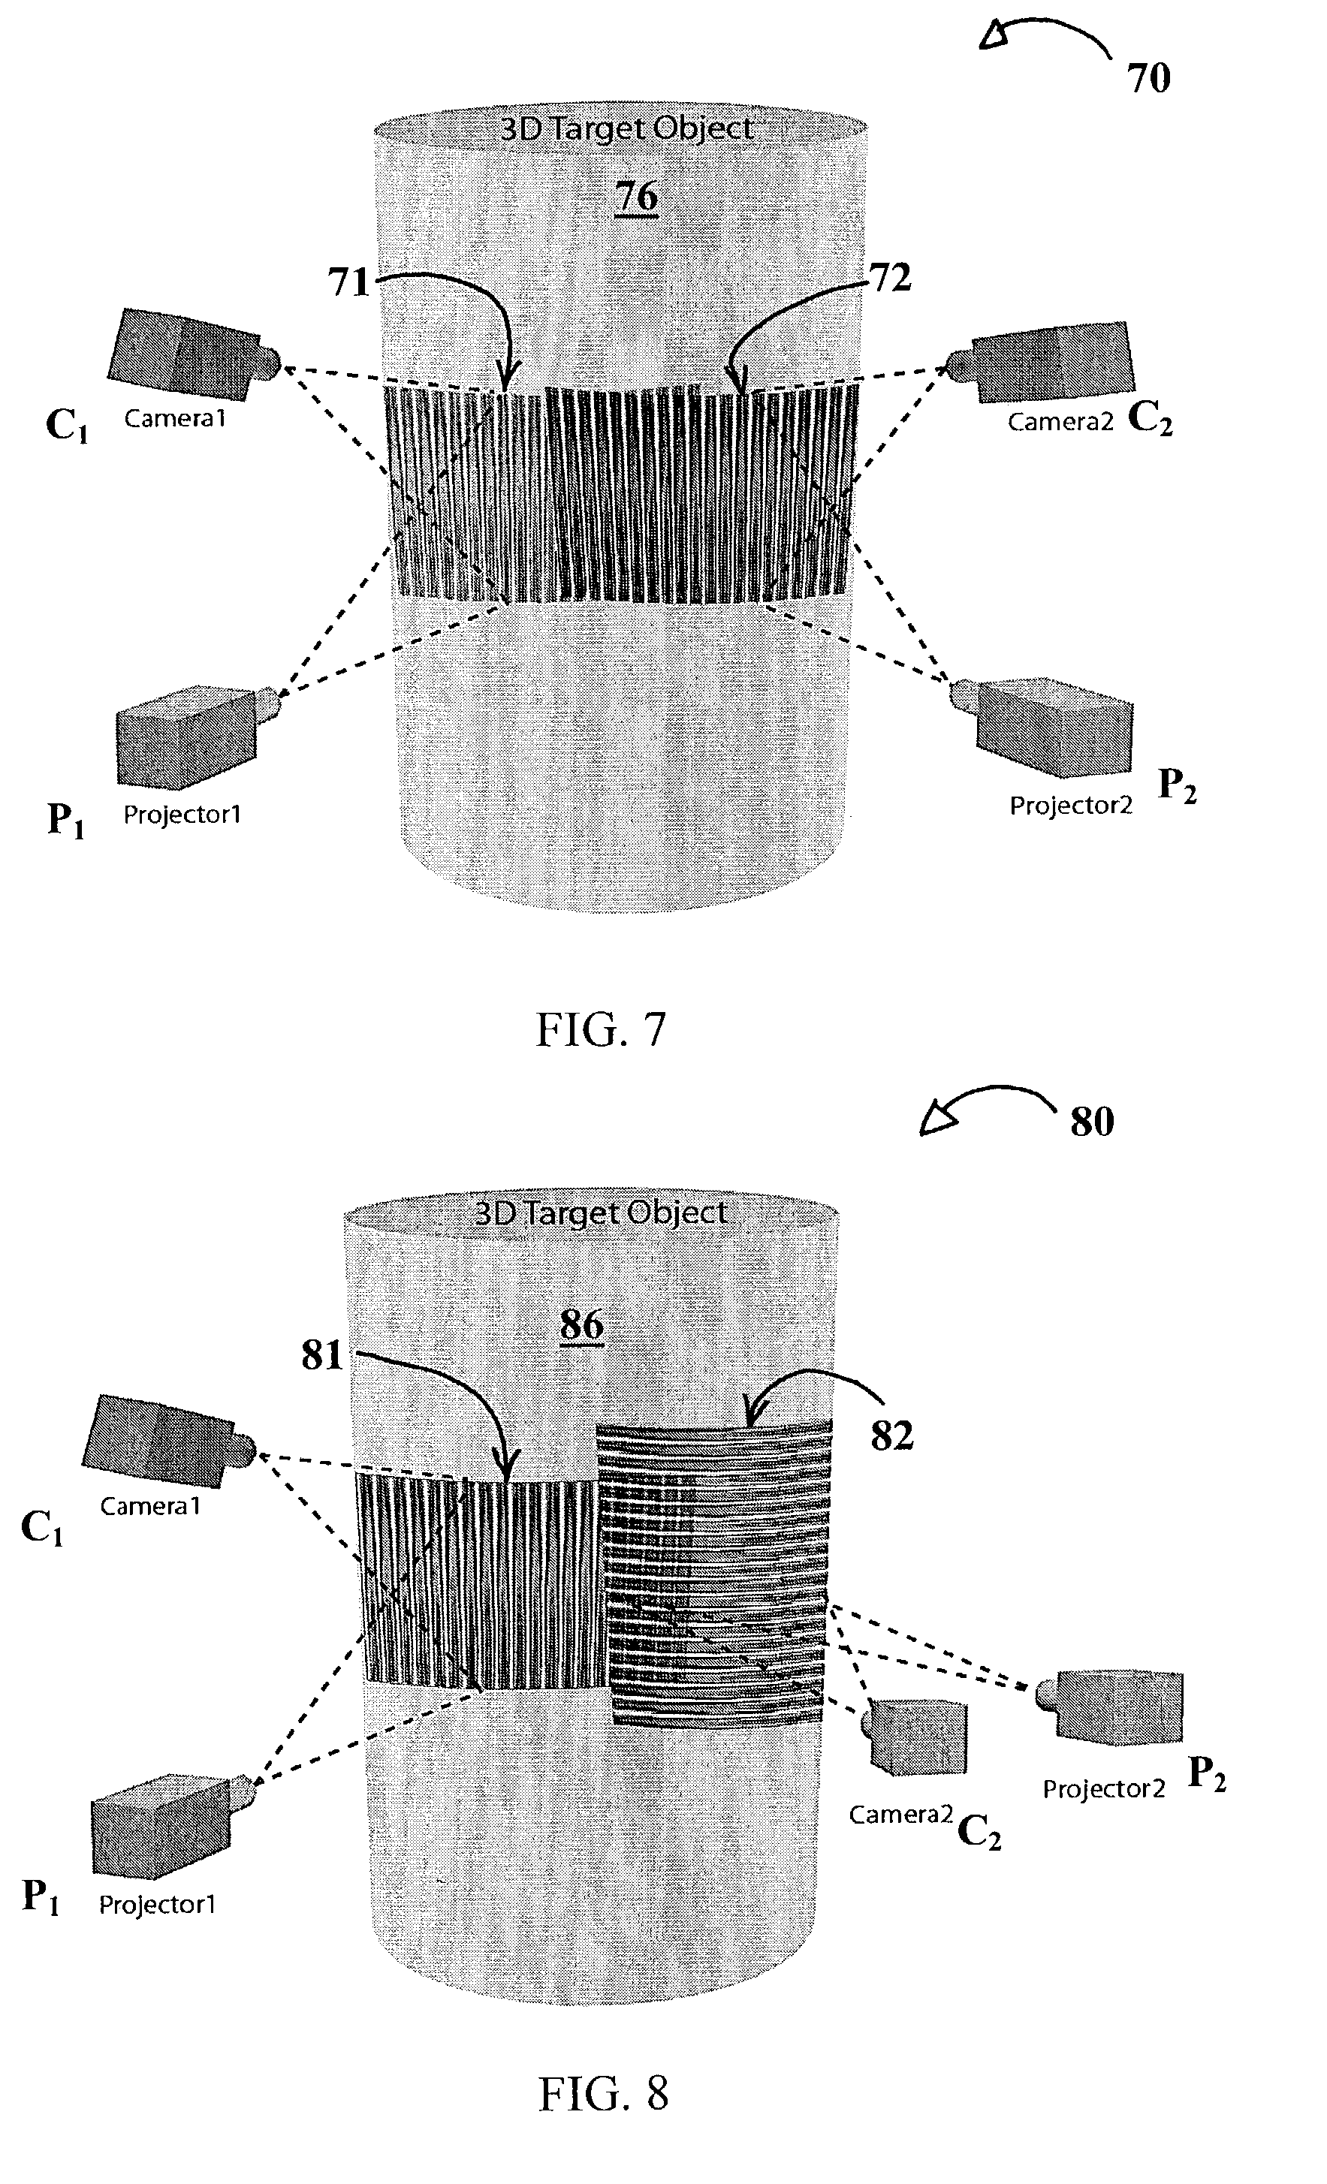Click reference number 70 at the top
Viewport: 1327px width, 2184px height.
[x=1149, y=78]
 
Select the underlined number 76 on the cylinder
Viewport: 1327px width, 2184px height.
[x=636, y=195]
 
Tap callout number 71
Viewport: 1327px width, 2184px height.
[x=348, y=282]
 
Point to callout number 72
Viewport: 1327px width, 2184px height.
[x=891, y=278]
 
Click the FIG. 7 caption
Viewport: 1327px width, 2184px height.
[x=600, y=1029]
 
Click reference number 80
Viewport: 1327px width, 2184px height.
[x=1092, y=1121]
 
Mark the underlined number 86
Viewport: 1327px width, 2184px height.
[x=581, y=1325]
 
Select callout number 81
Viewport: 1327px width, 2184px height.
[x=321, y=1355]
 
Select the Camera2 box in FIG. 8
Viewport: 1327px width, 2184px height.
[x=914, y=1740]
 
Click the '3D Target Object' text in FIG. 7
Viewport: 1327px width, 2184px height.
[x=627, y=128]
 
